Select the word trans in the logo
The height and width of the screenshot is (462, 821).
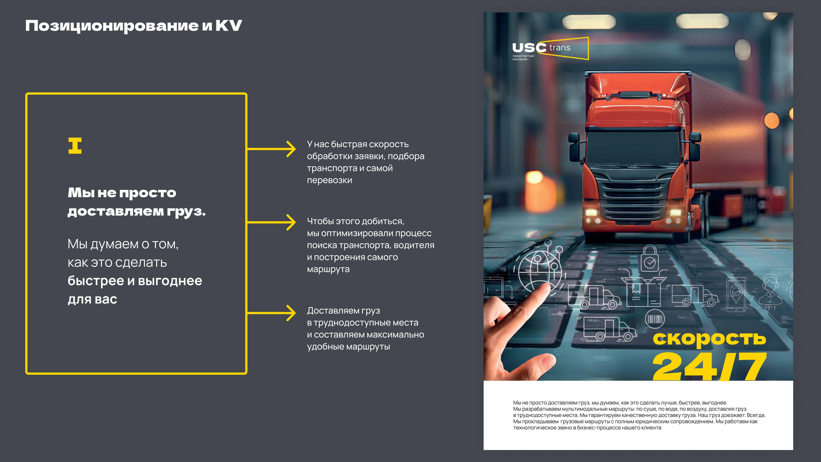tap(560, 48)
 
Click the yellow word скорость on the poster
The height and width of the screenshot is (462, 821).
tap(709, 339)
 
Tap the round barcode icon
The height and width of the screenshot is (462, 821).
tap(655, 318)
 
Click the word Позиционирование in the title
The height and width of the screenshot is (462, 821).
tap(112, 25)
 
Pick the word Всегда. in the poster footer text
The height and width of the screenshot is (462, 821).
tap(756, 415)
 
